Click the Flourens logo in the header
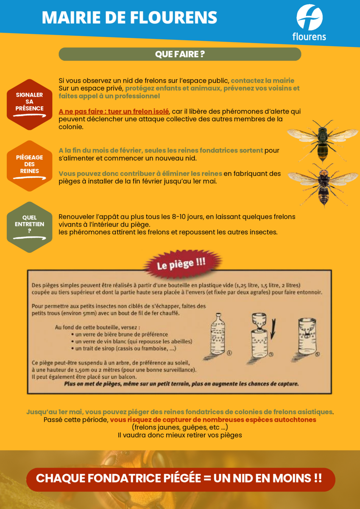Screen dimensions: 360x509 tap(309, 22)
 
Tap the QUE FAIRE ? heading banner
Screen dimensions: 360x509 tap(180, 54)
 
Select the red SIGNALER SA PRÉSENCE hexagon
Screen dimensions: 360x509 tap(30, 104)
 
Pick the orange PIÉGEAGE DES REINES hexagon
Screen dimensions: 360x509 tap(30, 166)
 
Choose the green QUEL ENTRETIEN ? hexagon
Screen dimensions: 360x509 tap(30, 227)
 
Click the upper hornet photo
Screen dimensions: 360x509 tap(323, 141)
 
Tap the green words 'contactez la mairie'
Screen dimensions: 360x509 tap(262, 81)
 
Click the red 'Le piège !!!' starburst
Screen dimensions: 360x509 tap(182, 264)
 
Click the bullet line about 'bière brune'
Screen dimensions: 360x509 tap(120, 334)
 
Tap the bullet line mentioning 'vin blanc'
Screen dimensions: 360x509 tap(132, 341)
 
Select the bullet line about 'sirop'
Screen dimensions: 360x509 tap(124, 348)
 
